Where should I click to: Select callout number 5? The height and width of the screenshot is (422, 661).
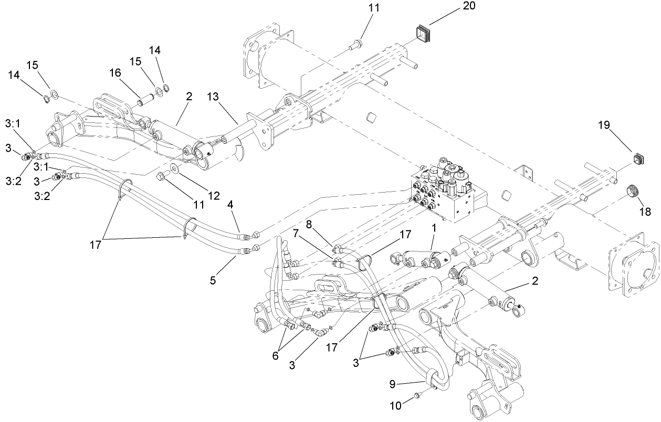click(213, 280)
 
